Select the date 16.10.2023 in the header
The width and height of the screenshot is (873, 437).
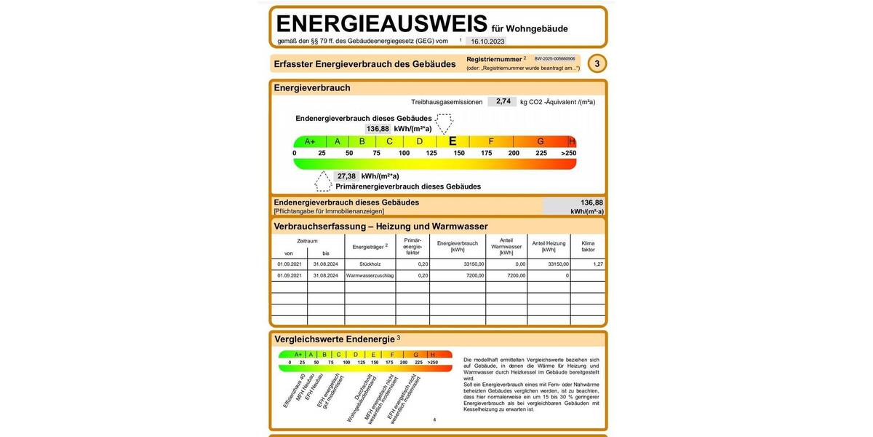click(488, 42)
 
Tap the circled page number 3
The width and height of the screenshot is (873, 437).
click(597, 64)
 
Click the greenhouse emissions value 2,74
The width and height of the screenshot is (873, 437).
click(503, 102)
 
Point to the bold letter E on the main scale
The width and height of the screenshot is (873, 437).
click(453, 141)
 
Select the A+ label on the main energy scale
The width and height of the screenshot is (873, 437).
click(310, 141)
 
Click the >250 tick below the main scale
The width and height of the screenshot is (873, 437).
click(568, 154)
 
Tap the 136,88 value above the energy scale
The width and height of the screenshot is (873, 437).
click(378, 129)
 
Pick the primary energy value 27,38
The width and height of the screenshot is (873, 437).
click(346, 176)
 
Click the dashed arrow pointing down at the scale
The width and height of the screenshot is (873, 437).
click(444, 122)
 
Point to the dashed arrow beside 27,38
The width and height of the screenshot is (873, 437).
click(323, 181)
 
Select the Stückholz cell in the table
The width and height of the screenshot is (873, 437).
click(370, 264)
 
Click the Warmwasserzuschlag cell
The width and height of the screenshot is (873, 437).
click(370, 276)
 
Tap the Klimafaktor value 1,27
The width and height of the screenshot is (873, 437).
click(598, 264)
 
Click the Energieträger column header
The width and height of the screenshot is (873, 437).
click(370, 247)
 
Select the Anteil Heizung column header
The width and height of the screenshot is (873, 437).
click(549, 246)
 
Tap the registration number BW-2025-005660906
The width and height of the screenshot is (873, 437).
click(554, 59)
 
